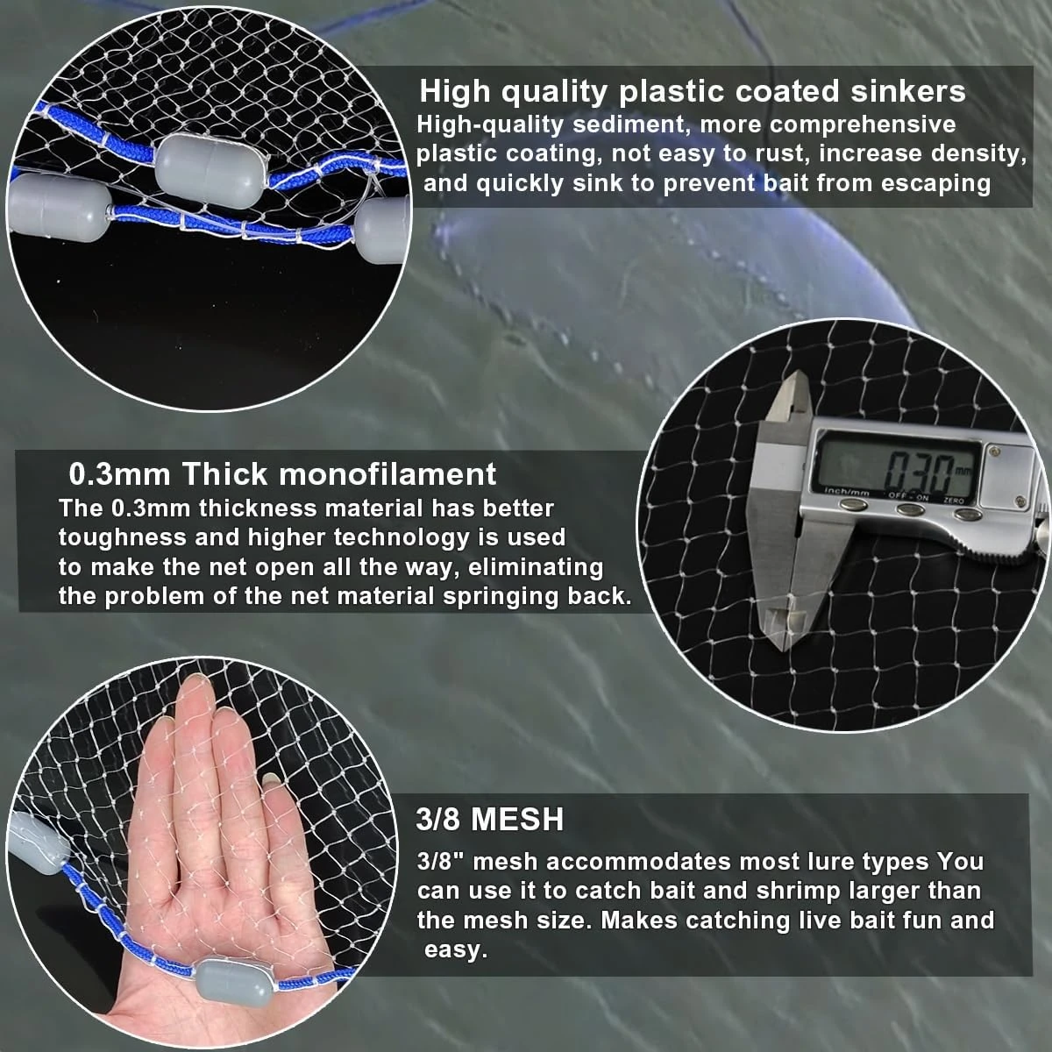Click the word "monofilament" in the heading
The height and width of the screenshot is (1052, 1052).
387,474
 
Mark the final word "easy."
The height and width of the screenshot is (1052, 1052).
455,950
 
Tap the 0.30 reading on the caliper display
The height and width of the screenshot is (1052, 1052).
918,473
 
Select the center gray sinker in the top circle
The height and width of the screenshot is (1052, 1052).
211,170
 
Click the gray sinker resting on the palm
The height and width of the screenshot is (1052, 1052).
233,984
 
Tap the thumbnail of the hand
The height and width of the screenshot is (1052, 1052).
269,781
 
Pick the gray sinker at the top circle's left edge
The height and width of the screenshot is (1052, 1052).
59,209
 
